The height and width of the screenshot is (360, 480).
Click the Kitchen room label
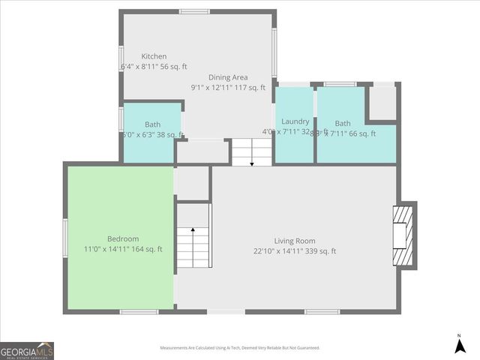pos(154,56)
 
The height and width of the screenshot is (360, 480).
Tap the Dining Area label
pos(228,77)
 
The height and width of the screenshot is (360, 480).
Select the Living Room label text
pos(295,241)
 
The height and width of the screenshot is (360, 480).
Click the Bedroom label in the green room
pos(122,238)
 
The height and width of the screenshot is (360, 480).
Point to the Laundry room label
pos(295,121)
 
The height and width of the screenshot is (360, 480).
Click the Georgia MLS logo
pos(27,351)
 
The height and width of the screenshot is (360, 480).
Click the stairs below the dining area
pos(251,153)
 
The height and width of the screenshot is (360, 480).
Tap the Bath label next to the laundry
pos(343,124)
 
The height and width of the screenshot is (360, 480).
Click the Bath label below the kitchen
pos(152,124)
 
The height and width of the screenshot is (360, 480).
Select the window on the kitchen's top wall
pos(194,11)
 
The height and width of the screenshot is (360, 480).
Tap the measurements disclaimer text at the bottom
pos(239,348)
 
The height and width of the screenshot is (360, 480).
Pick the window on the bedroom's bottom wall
pos(139,311)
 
